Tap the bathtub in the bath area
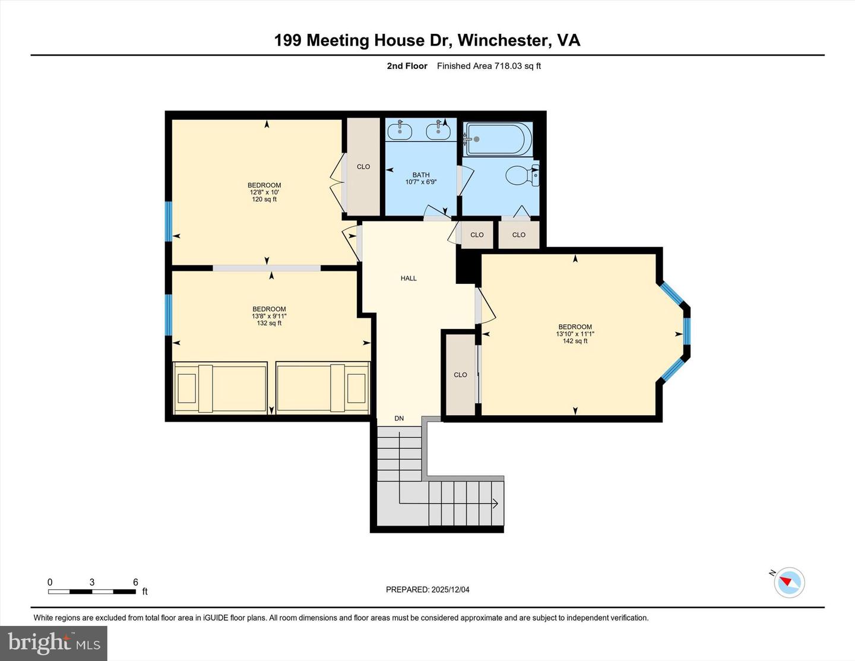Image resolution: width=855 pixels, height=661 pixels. (x=495, y=138)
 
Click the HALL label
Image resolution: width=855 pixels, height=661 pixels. (x=408, y=278)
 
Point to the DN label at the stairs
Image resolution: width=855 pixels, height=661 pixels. (x=399, y=418)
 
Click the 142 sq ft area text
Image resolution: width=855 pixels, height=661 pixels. (x=575, y=341)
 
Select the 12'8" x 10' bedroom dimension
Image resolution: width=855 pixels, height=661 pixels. (x=264, y=192)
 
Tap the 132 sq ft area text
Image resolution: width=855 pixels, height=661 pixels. (x=269, y=323)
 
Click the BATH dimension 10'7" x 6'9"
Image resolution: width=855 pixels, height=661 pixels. (x=421, y=182)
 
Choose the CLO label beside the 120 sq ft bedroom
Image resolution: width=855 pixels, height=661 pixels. (x=363, y=167)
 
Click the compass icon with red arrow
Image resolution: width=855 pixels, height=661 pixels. (x=789, y=582)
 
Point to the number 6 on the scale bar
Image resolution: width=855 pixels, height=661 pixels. (x=135, y=582)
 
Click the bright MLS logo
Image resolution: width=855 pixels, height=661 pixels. (x=54, y=643)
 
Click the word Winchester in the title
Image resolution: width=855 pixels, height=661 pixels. (x=503, y=40)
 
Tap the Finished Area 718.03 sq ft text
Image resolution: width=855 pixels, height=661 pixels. (x=489, y=66)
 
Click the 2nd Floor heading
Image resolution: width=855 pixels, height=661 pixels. (x=407, y=66)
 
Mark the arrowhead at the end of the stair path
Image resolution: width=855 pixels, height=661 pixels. (x=495, y=504)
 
